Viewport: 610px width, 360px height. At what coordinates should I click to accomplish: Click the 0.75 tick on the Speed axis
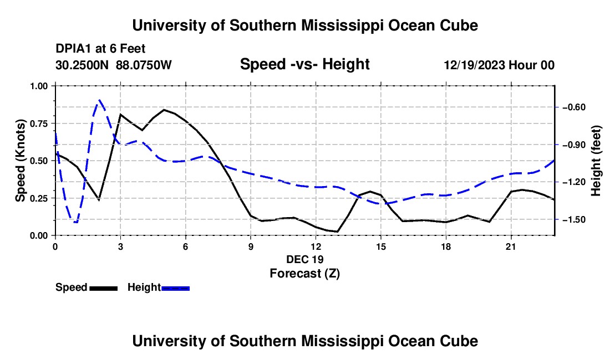(39, 124)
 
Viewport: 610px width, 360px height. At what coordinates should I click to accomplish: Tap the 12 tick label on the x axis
(316, 246)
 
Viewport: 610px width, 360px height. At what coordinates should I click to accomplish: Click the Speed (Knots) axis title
(20, 161)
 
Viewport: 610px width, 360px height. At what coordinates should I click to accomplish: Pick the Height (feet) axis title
(596, 161)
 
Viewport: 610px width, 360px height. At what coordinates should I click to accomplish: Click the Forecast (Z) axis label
(304, 274)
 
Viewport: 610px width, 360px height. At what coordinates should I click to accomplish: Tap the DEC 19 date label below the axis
(304, 259)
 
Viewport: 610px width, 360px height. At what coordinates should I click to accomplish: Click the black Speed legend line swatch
(104, 288)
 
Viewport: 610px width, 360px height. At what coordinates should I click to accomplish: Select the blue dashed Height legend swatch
(175, 288)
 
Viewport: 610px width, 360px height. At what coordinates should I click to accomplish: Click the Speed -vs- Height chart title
(304, 64)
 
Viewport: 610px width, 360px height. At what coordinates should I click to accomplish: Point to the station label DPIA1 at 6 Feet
(100, 49)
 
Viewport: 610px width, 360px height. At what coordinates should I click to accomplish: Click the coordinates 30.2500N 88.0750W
(114, 65)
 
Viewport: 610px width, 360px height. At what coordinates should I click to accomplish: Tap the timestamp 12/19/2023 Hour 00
(499, 65)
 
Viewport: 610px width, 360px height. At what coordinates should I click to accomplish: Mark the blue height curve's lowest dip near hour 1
(75, 222)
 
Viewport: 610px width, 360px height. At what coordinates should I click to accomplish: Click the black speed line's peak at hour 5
(164, 110)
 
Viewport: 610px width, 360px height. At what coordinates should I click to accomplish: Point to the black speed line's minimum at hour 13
(337, 232)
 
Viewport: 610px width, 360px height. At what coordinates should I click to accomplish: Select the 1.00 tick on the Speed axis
(39, 86)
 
